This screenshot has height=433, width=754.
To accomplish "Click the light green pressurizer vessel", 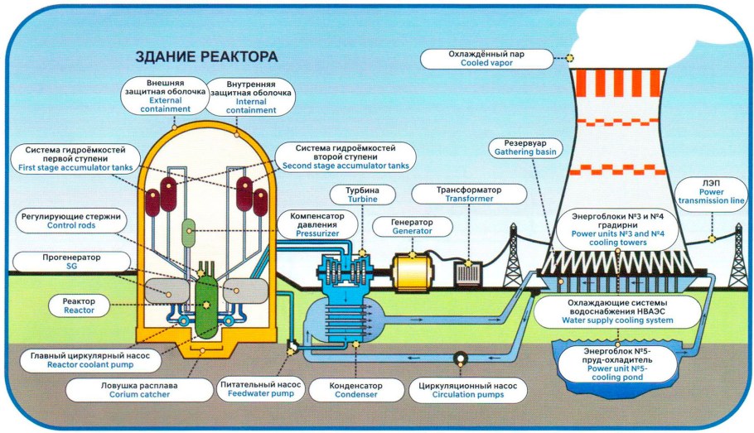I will [x=189, y=231].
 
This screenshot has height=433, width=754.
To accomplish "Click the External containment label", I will [x=165, y=98].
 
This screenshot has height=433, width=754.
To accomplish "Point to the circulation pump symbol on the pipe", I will [x=457, y=358].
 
